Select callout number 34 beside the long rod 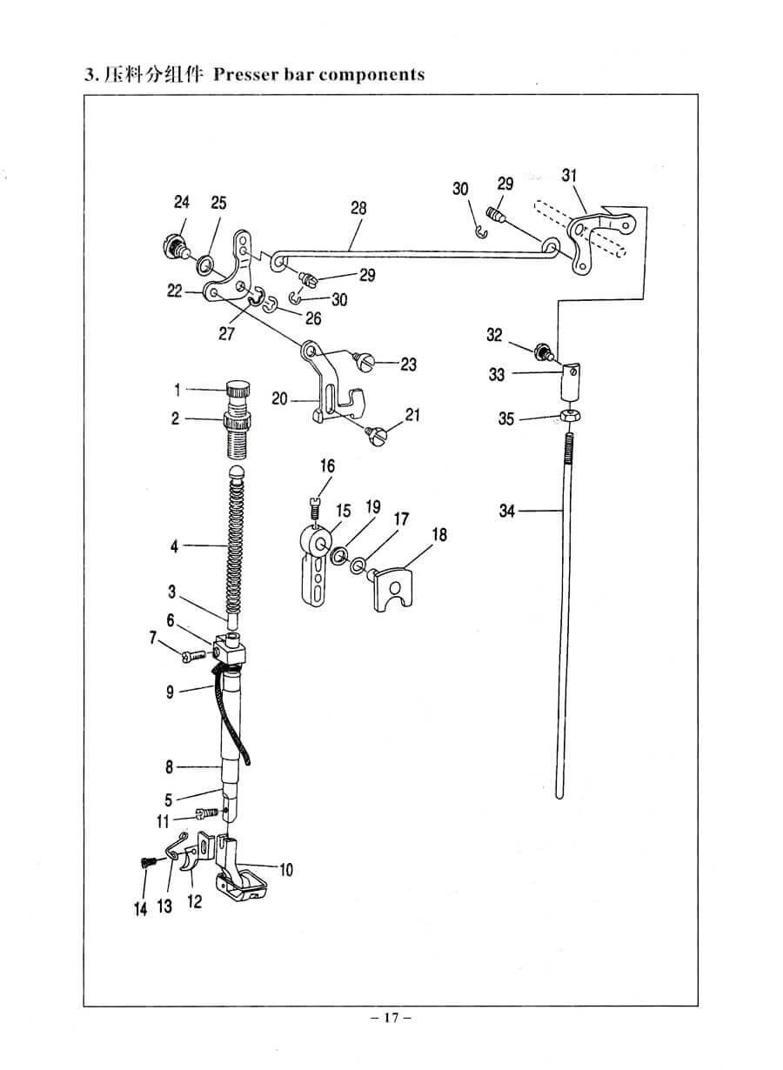pyautogui.click(x=507, y=512)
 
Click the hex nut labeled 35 pyautogui.click(x=571, y=415)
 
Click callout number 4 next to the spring pyautogui.click(x=174, y=546)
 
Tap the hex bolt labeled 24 pyautogui.click(x=176, y=245)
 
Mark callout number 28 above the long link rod pyautogui.click(x=358, y=208)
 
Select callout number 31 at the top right pyautogui.click(x=569, y=176)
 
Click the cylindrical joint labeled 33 pyautogui.click(x=572, y=381)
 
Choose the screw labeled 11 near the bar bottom pyautogui.click(x=207, y=811)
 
